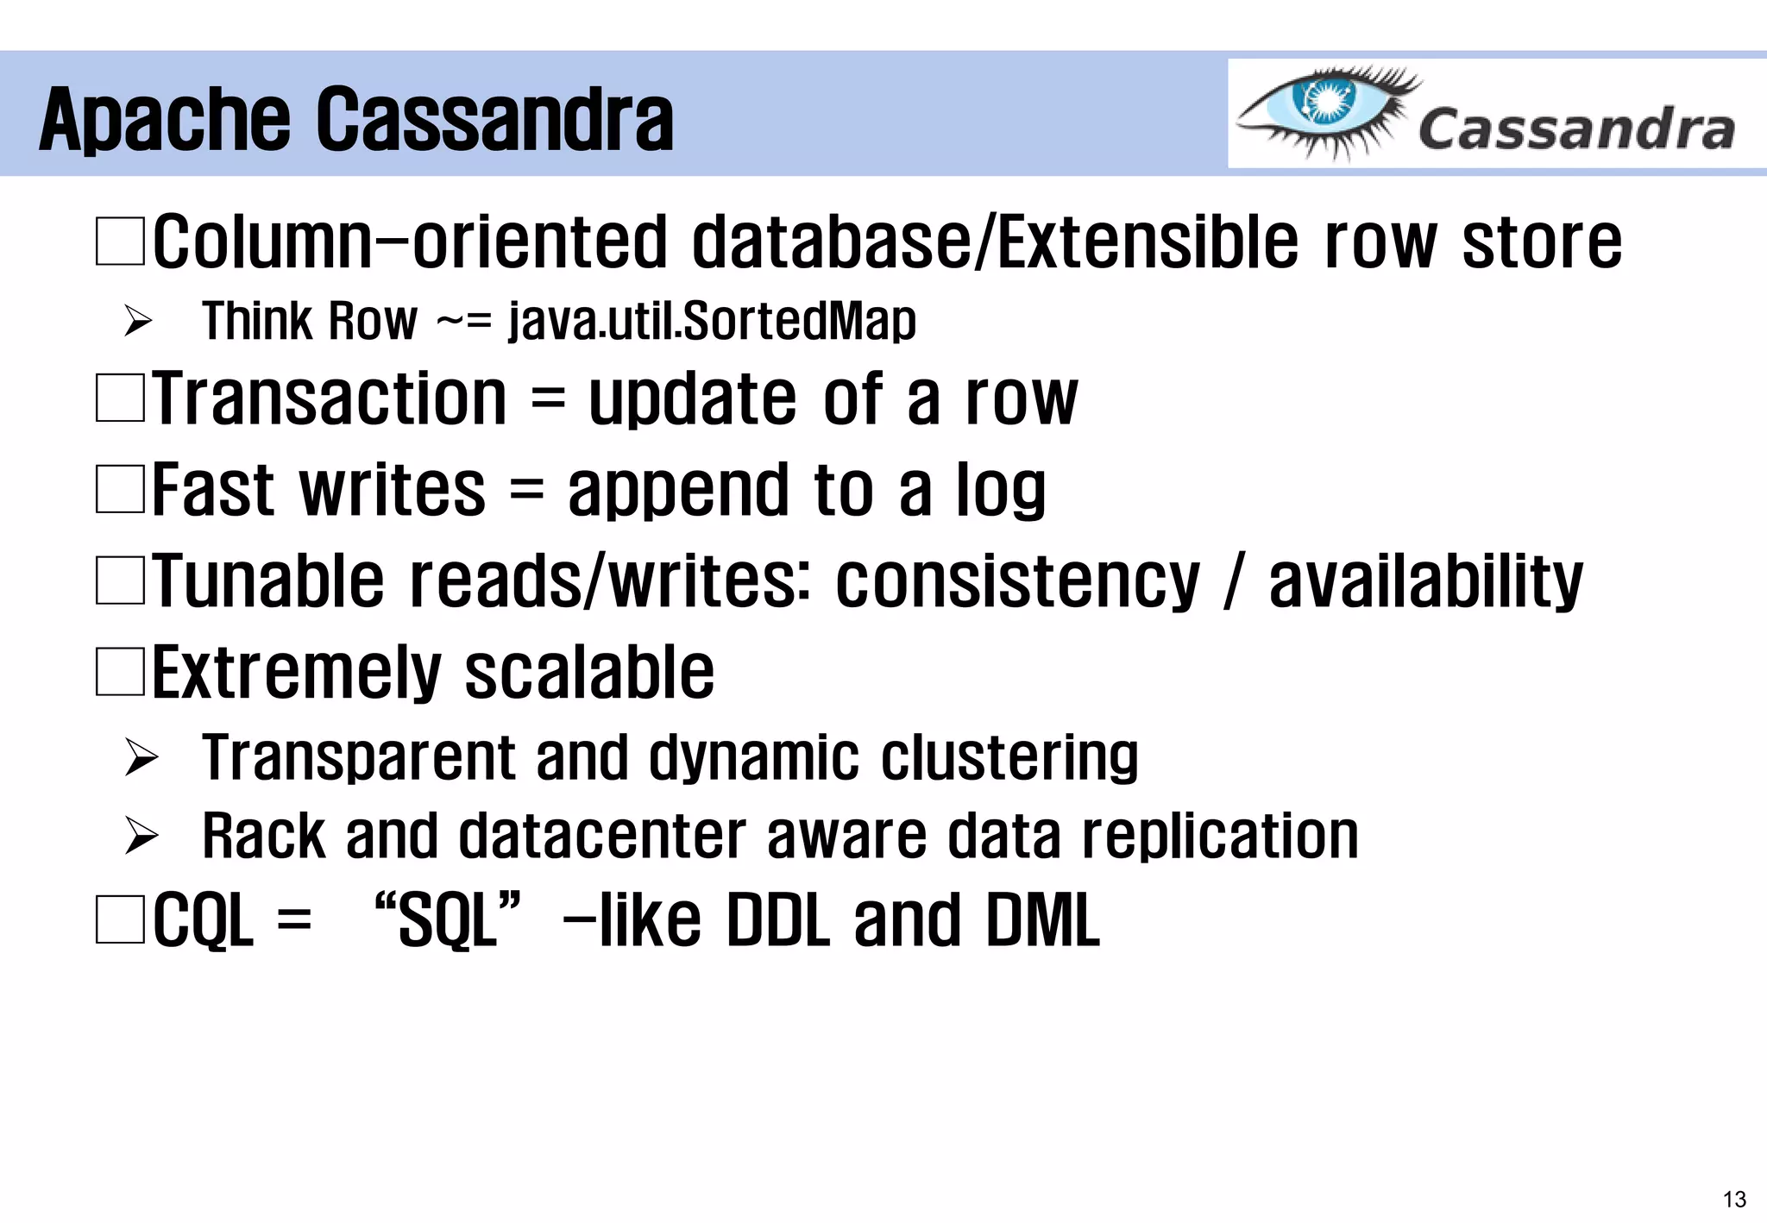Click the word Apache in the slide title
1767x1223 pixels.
click(x=165, y=121)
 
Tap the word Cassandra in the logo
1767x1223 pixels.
click(x=1575, y=130)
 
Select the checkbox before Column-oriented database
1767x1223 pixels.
click(x=120, y=241)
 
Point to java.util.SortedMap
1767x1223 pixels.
click(x=713, y=321)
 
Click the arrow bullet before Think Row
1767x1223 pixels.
click(x=138, y=321)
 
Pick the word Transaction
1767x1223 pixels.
click(x=330, y=398)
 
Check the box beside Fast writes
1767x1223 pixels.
click(x=120, y=490)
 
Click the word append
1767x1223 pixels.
click(x=678, y=490)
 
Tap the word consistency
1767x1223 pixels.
click(x=1017, y=581)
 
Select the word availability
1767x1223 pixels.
click(x=1425, y=581)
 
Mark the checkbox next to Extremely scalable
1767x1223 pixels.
click(x=120, y=673)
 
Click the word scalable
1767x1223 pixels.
click(x=589, y=673)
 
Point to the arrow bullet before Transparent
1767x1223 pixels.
click(x=141, y=757)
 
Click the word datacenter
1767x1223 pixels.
click(x=602, y=836)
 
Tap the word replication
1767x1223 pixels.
click(x=1220, y=836)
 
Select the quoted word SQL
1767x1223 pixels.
click(x=449, y=920)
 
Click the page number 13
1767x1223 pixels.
click(x=1734, y=1199)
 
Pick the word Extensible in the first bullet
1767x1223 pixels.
click(x=1148, y=241)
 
